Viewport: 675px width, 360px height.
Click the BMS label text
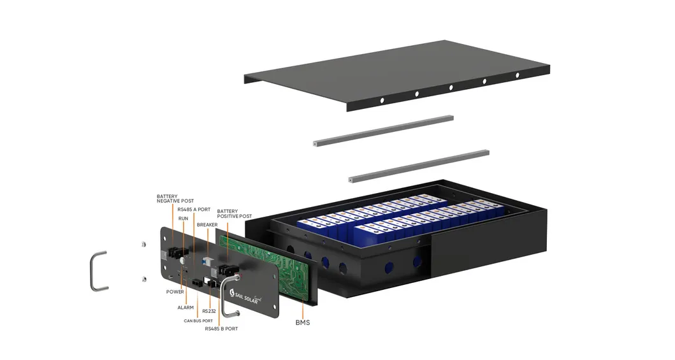(302, 323)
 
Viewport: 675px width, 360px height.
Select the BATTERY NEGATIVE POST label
(175, 198)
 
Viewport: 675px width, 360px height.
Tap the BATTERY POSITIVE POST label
(235, 213)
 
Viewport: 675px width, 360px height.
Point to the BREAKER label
(207, 224)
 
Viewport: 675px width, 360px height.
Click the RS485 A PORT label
(194, 209)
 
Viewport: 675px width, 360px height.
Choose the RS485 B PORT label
(221, 329)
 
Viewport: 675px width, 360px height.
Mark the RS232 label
(209, 311)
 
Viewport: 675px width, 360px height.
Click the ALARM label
(185, 307)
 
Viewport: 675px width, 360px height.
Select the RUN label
(183, 218)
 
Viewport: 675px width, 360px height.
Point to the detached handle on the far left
(98, 271)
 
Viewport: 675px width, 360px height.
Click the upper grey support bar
(383, 131)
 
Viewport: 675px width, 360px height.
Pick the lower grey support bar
(418, 167)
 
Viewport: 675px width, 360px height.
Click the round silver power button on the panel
(182, 261)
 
